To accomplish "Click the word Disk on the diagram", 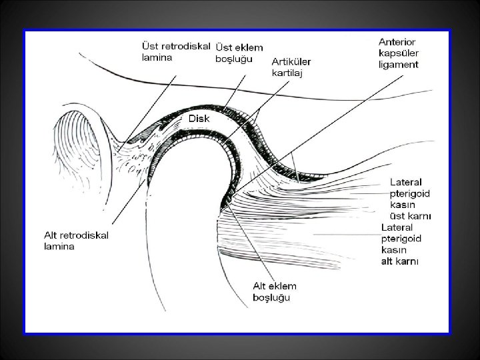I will tap(200, 118).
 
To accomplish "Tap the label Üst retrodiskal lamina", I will tap(176, 51).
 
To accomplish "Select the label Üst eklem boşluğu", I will tap(239, 53).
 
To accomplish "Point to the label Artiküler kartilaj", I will tap(291, 67).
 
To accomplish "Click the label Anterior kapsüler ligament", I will tap(398, 53).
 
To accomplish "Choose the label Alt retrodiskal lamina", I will tap(76, 240).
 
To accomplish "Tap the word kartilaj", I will tap(287, 73).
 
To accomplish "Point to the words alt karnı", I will tap(400, 261).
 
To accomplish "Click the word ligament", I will tap(398, 65).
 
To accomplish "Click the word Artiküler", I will tap(291, 61).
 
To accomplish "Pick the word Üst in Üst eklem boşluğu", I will tap(223, 47).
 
